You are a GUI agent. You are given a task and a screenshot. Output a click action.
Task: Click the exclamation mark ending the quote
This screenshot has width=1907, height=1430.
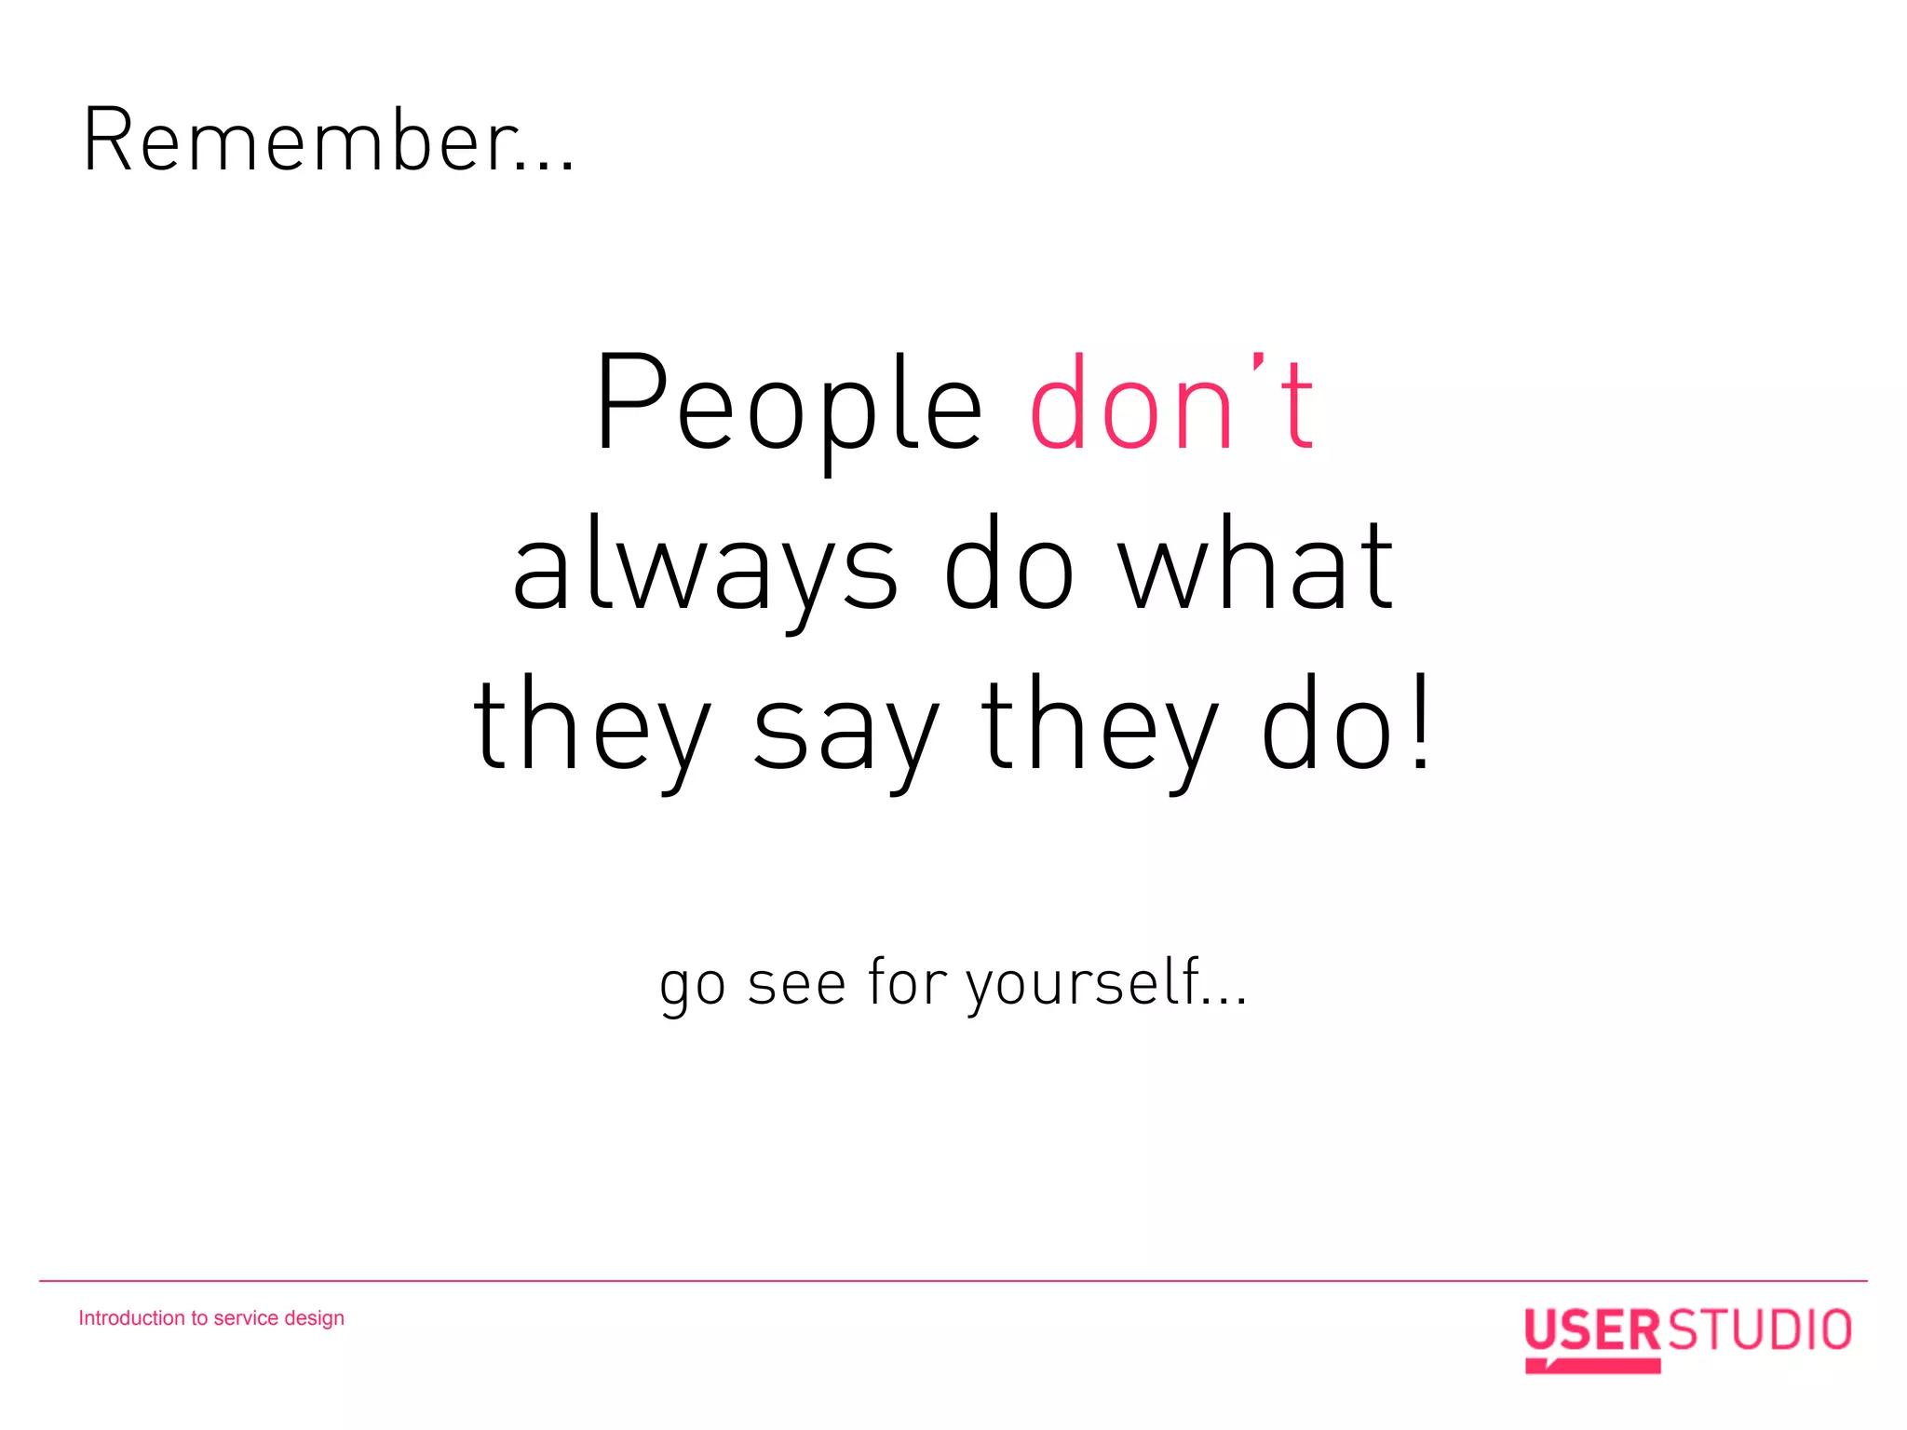[1420, 722]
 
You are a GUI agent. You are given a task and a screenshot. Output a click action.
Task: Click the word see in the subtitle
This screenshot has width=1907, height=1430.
[796, 985]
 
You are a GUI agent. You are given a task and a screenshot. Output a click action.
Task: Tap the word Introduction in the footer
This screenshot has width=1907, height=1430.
[131, 1318]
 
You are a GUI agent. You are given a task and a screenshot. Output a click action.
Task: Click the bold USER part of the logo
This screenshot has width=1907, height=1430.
[1591, 1331]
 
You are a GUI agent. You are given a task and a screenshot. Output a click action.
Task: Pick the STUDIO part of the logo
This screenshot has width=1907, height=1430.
[1758, 1330]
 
